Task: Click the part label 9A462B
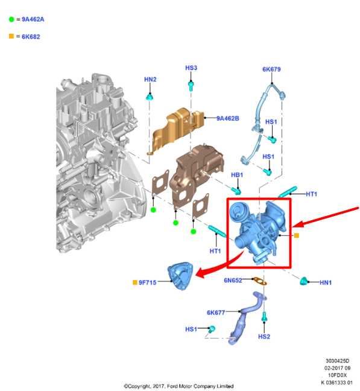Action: click(228, 118)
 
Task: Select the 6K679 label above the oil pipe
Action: click(271, 69)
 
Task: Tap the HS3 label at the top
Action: click(191, 68)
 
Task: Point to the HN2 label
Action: click(150, 79)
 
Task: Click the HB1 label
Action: click(237, 175)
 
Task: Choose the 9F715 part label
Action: click(148, 282)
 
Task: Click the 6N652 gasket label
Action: click(233, 280)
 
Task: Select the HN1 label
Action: click(326, 282)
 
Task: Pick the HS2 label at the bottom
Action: click(264, 336)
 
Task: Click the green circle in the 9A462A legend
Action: click(11, 19)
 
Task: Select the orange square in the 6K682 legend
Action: click(11, 36)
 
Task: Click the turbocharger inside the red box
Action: click(258, 232)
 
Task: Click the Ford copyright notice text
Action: click(178, 386)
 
